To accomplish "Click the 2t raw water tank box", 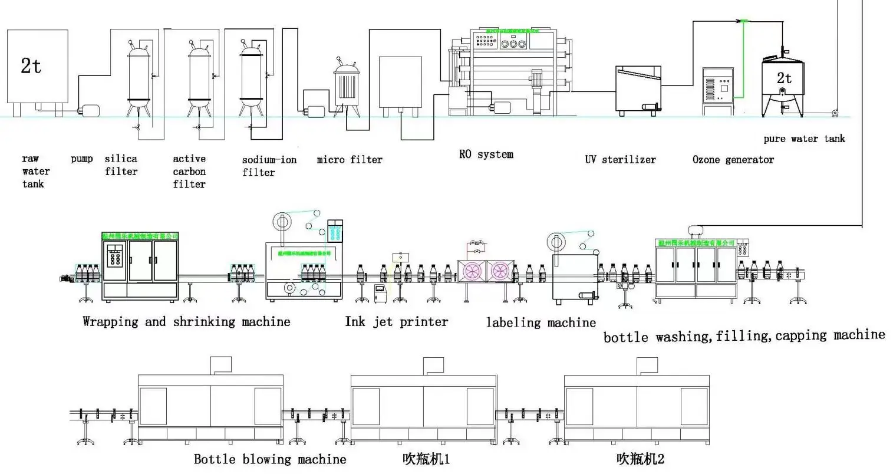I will click(x=37, y=66).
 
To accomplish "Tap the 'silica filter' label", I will click(x=121, y=165).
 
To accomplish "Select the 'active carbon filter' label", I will click(x=189, y=171).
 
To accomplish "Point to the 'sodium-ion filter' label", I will click(x=269, y=166).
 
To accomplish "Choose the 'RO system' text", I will click(x=486, y=154).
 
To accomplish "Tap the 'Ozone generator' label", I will click(x=733, y=159).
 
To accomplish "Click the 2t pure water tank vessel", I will click(x=783, y=85).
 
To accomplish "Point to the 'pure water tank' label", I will click(x=804, y=139).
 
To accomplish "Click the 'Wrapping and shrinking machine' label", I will click(x=186, y=322).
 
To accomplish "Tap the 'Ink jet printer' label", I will click(x=396, y=322).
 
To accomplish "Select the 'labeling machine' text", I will click(x=541, y=322).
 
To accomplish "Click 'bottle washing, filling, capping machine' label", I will click(x=744, y=336).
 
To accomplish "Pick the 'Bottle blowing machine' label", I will click(x=270, y=459).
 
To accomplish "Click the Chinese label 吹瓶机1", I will click(x=426, y=459).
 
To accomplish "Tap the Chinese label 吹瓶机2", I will click(x=640, y=459).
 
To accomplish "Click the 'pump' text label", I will click(x=82, y=159).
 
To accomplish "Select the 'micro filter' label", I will click(x=350, y=159).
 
